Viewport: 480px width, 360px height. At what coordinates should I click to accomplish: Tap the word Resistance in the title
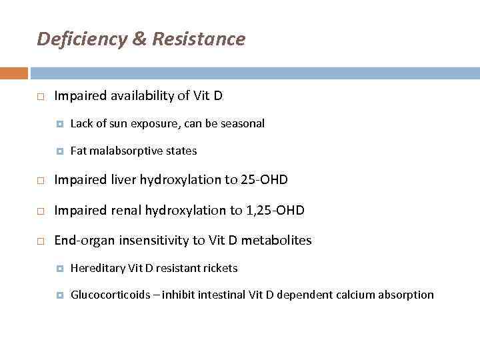pos(199,39)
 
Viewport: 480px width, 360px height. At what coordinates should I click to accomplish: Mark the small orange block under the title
pos(13,73)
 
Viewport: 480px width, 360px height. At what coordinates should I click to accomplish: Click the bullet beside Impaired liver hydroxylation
pos(41,180)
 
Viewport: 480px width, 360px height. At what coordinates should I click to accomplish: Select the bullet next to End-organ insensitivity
pos(41,241)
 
